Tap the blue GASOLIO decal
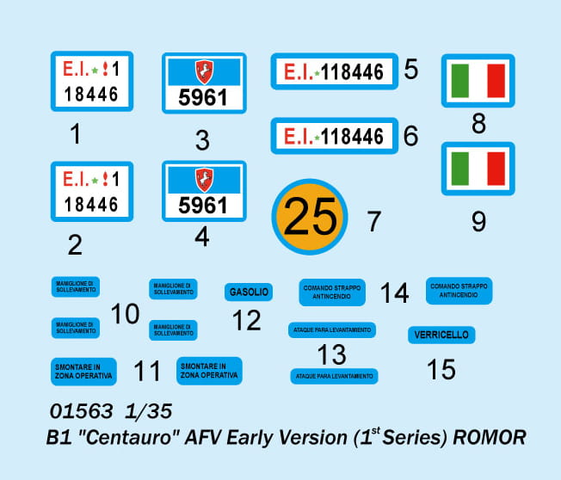(249, 292)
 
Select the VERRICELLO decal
(441, 335)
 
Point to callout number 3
(202, 139)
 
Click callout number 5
(411, 69)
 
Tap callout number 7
(373, 221)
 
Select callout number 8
(479, 124)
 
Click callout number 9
(478, 221)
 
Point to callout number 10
(126, 314)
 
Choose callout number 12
(247, 321)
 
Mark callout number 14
(394, 292)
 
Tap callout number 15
(441, 369)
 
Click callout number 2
(75, 246)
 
